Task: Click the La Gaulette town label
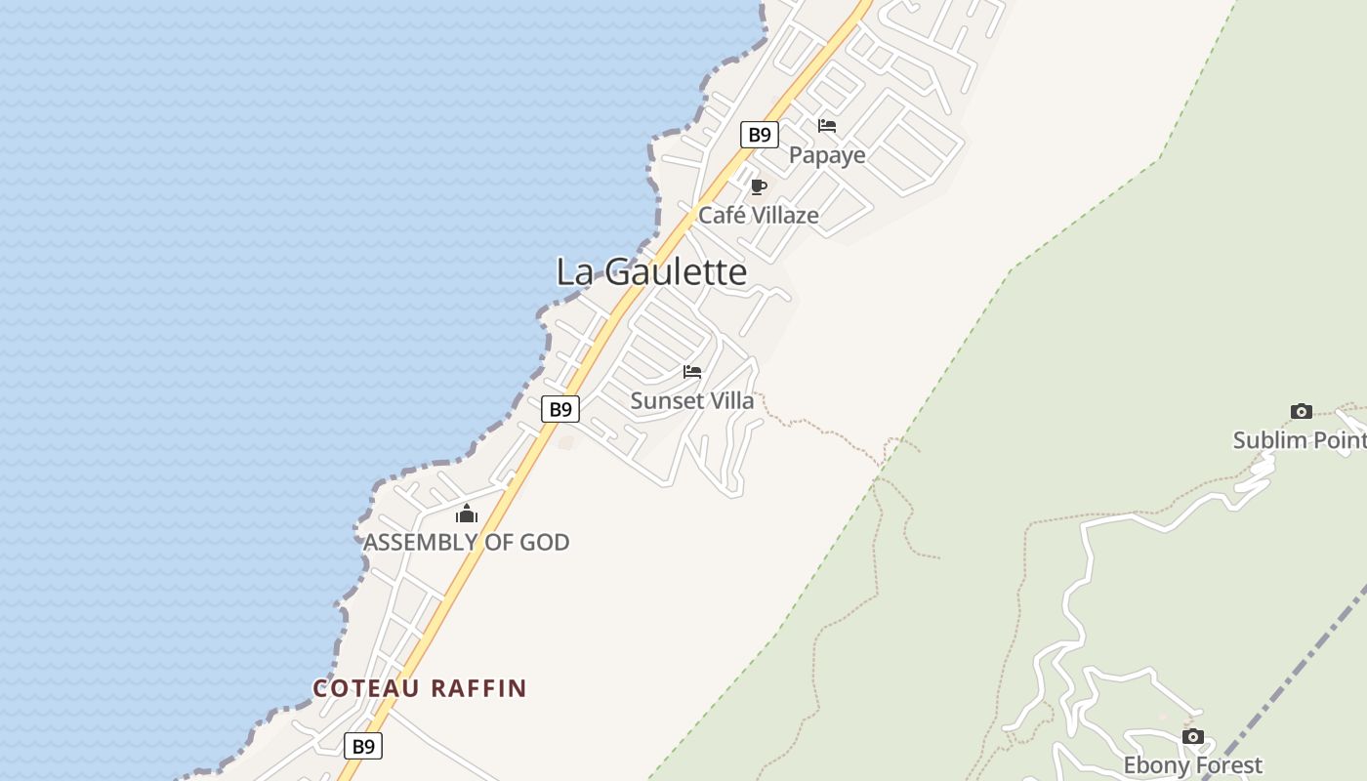pyautogui.click(x=651, y=271)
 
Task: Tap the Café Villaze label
pyautogui.click(x=758, y=215)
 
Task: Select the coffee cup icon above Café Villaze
pyautogui.click(x=759, y=186)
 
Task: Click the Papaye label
pyautogui.click(x=827, y=155)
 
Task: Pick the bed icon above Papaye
pyautogui.click(x=827, y=126)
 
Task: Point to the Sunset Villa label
pyautogui.click(x=692, y=400)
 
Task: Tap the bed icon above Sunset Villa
pyautogui.click(x=692, y=372)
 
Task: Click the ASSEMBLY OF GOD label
pyautogui.click(x=466, y=542)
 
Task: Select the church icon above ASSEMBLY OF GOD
pyautogui.click(x=467, y=514)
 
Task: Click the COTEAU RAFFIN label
pyautogui.click(x=420, y=688)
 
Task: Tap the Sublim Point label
pyautogui.click(x=1299, y=440)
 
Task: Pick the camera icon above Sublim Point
pyautogui.click(x=1301, y=411)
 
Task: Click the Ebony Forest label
pyautogui.click(x=1192, y=765)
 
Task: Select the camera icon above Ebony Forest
pyautogui.click(x=1192, y=737)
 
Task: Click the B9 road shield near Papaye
pyautogui.click(x=759, y=135)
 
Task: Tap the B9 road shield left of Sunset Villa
pyautogui.click(x=560, y=409)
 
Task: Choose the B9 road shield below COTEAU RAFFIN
pyautogui.click(x=363, y=747)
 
